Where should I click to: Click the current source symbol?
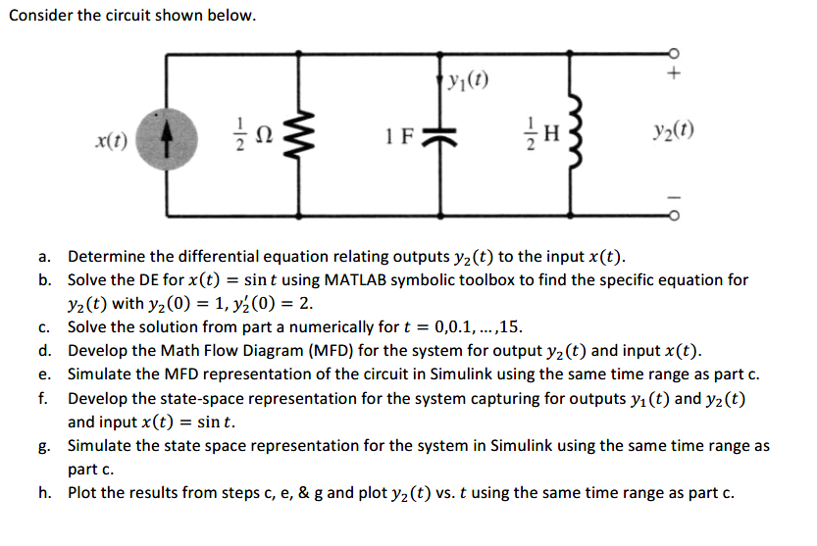coord(164,133)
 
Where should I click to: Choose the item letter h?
coord(45,492)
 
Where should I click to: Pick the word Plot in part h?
coord(83,492)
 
